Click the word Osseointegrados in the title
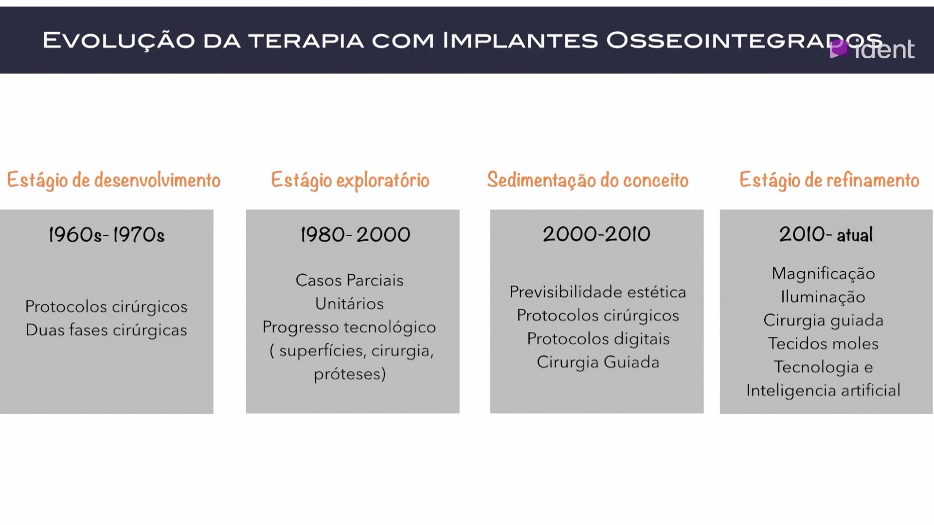[744, 40]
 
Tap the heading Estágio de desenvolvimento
[113, 180]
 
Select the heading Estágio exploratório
[350, 180]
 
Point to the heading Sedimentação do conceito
[588, 180]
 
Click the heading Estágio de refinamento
[829, 180]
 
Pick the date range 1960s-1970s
[107, 235]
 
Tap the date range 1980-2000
[356, 235]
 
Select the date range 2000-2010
[597, 234]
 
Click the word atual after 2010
[855, 235]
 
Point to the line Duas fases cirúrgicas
[107, 330]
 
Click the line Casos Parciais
[350, 280]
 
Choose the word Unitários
[350, 304]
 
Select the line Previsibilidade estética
[598, 292]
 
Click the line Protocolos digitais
[598, 339]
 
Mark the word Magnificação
[824, 274]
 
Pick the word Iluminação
[823, 297]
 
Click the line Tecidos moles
[824, 344]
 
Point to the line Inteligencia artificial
[824, 390]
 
